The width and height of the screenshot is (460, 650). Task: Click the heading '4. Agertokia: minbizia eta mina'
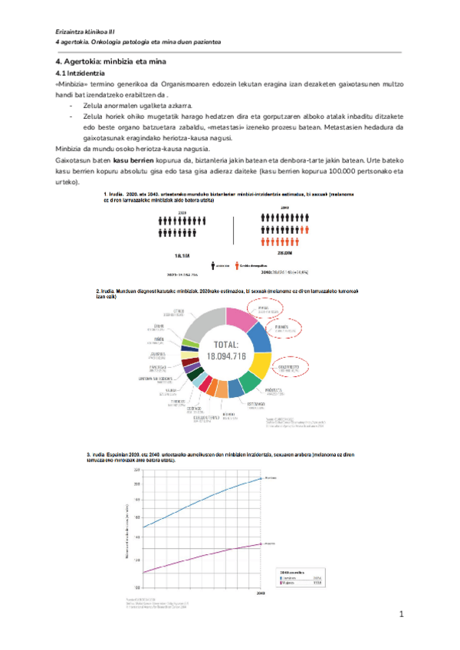(x=110, y=61)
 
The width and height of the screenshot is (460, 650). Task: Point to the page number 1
(x=400, y=616)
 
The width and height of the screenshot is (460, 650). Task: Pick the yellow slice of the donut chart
(x=261, y=364)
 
